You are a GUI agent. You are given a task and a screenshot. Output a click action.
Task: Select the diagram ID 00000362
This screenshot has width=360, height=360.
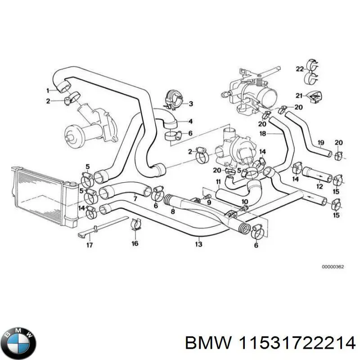pyautogui.click(x=333, y=267)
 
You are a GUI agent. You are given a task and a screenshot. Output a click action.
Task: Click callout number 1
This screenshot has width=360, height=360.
pyautogui.click(x=48, y=90)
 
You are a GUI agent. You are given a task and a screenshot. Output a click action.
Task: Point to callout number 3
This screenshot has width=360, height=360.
pyautogui.click(x=190, y=104)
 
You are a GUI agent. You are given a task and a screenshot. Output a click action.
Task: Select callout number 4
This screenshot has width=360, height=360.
pyautogui.click(x=190, y=121)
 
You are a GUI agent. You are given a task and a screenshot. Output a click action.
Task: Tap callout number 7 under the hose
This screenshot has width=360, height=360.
pyautogui.click(x=135, y=198)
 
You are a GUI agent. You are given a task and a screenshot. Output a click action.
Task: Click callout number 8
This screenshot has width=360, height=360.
pyautogui.click(x=172, y=211)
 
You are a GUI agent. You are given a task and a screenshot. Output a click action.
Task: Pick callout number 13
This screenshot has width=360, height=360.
pyautogui.click(x=198, y=244)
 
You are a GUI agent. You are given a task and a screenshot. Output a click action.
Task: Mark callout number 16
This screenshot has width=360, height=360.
pyautogui.click(x=135, y=244)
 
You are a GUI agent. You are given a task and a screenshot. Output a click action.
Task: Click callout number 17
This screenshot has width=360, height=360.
pyautogui.click(x=90, y=245)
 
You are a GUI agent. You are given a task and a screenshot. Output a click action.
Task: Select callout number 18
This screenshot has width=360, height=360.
pyautogui.click(x=263, y=134)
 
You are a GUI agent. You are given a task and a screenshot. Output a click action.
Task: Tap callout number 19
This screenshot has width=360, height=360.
pyautogui.click(x=320, y=143)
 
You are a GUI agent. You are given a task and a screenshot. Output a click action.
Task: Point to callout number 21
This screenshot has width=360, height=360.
pyautogui.click(x=298, y=95)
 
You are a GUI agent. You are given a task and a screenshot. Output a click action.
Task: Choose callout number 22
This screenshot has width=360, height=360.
pyautogui.click(x=299, y=69)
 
